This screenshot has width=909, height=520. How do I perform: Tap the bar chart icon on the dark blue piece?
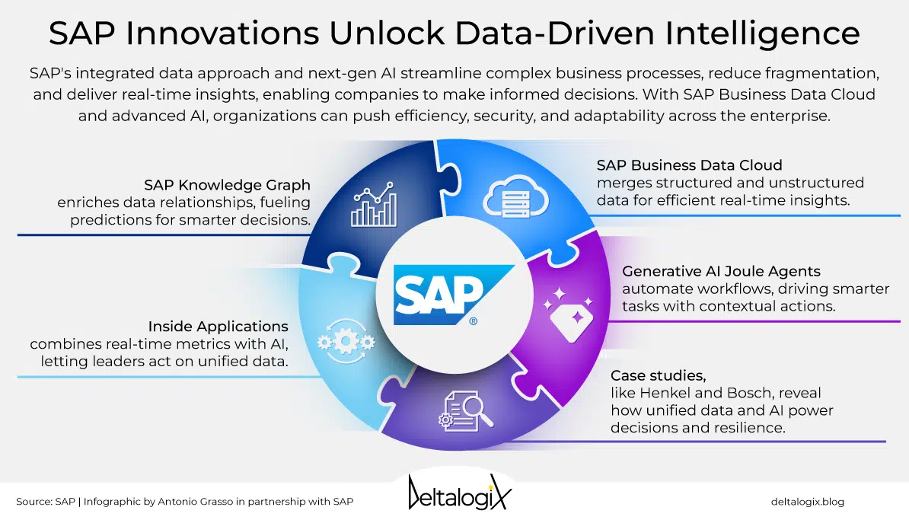point(372,204)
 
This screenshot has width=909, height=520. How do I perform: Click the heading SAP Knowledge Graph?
point(228,185)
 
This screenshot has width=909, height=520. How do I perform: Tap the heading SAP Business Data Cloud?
point(689,165)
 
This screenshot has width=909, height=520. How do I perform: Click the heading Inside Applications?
point(218,327)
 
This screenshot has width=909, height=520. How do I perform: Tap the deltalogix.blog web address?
point(807,502)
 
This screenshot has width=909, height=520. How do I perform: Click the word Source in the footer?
point(33,502)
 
